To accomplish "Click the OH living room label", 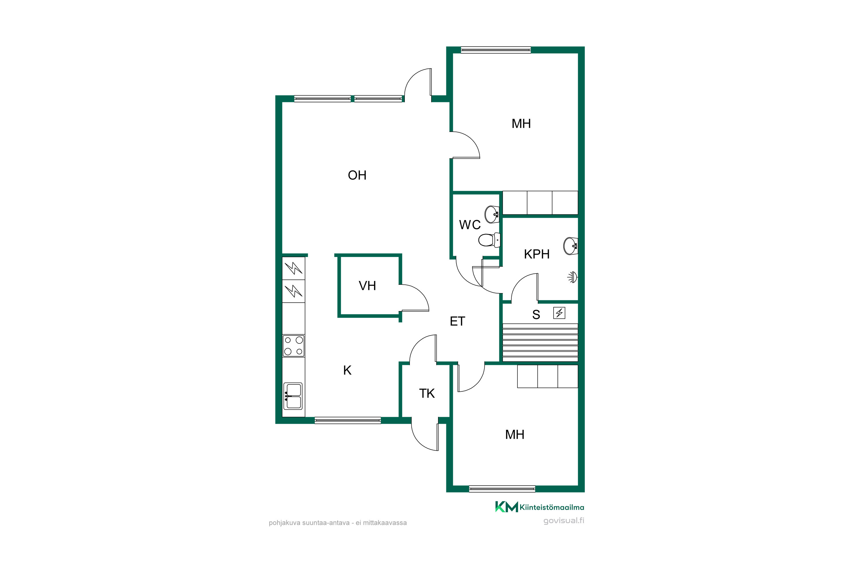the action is (x=357, y=175).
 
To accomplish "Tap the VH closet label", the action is (x=367, y=286).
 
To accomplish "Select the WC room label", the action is (x=470, y=225).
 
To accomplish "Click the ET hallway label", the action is (x=458, y=321).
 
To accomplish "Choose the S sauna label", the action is (x=536, y=315).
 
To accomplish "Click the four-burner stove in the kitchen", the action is (x=294, y=346).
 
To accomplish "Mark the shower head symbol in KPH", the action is (x=573, y=277).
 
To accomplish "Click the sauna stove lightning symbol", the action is (x=559, y=313).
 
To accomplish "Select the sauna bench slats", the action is (x=540, y=342).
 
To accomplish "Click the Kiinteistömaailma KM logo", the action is (x=539, y=507).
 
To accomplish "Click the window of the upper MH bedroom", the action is (x=495, y=50).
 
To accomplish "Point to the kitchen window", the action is (x=348, y=420).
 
